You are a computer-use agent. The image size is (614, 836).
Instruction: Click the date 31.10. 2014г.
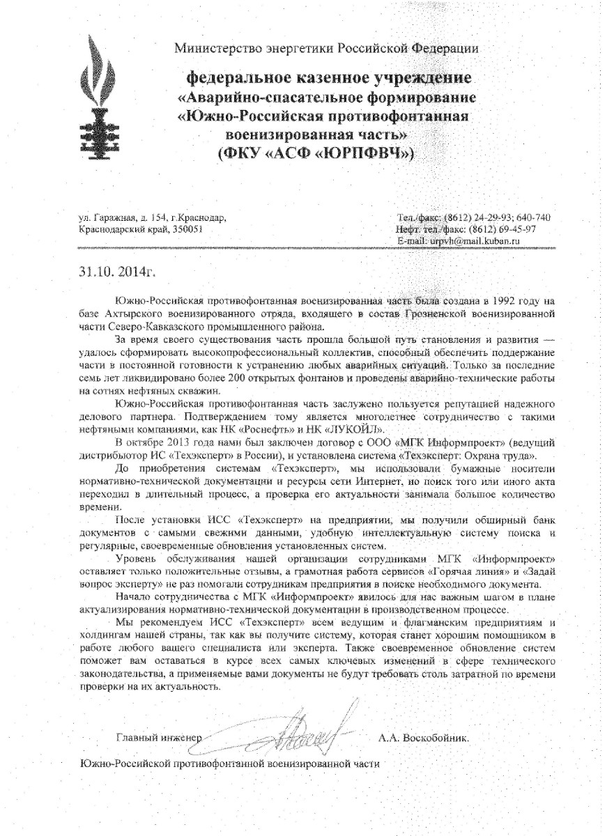click(112, 270)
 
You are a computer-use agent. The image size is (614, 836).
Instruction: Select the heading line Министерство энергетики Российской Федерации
click(326, 48)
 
